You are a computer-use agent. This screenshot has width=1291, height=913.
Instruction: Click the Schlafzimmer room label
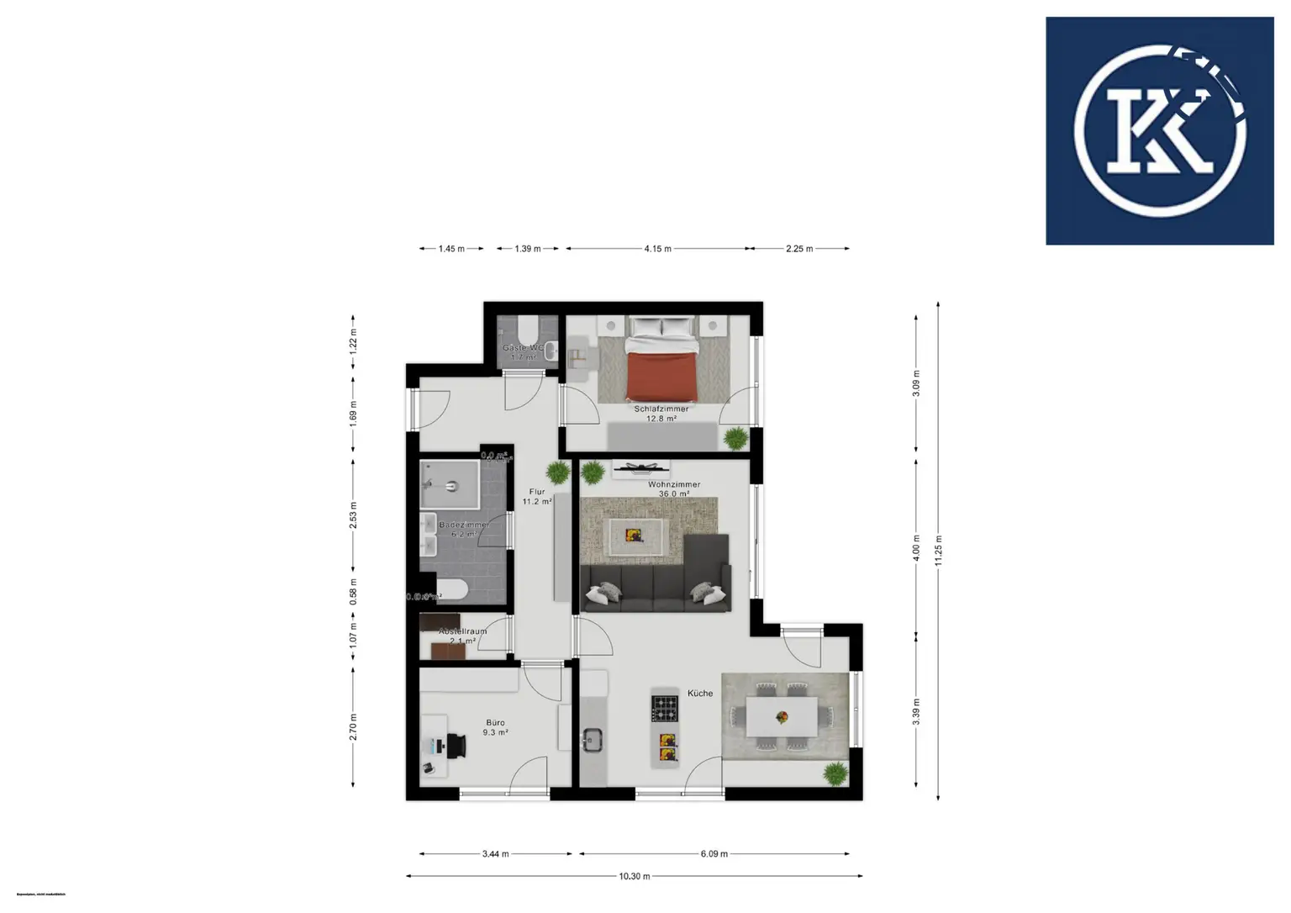tap(661, 409)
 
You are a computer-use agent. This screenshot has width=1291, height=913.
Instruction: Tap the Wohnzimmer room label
tap(673, 485)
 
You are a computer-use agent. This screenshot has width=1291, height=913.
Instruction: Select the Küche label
tap(699, 694)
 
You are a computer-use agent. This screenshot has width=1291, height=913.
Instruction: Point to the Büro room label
tap(495, 723)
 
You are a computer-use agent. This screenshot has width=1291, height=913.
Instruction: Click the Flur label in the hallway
tap(537, 492)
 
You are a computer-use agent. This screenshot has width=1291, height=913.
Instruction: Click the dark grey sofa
tap(656, 580)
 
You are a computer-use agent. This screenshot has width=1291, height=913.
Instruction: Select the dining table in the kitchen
tap(782, 716)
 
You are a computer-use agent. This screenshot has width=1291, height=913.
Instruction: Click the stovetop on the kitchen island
tap(666, 707)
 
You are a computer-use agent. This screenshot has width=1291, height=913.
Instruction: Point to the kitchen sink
tap(594, 740)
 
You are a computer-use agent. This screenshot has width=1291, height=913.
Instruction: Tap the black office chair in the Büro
tap(457, 745)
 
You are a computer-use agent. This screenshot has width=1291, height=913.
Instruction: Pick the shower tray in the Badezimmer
tap(450, 484)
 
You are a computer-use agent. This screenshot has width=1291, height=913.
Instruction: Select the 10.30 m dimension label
tap(635, 876)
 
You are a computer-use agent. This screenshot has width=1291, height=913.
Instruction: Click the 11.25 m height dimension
tap(939, 551)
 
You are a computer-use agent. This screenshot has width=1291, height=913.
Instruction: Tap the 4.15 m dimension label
tap(657, 249)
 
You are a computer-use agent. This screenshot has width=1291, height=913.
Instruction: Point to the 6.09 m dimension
tap(714, 854)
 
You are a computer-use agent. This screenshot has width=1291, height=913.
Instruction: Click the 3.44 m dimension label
tap(495, 854)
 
